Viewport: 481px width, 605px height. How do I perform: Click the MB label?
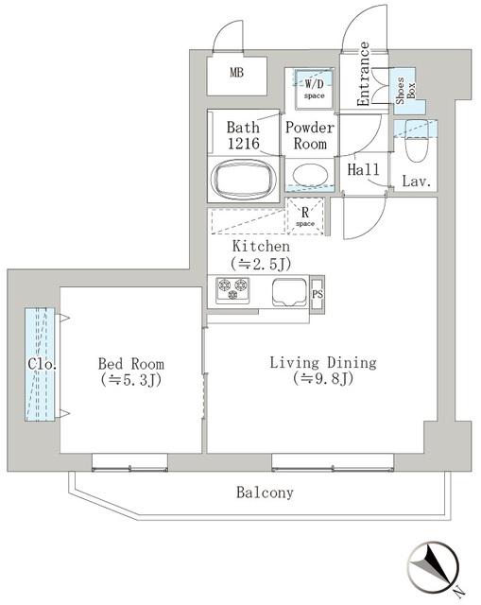point(237,72)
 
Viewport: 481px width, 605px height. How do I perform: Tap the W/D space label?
point(314,88)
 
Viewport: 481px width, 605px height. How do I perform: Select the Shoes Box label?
point(405,91)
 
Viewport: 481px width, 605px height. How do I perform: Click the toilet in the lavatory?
point(417,139)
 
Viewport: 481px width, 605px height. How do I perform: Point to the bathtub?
point(244,180)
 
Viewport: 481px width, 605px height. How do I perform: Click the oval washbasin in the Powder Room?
point(310,176)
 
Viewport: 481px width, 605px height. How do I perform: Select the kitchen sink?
point(290,292)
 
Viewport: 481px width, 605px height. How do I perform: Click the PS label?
point(318,294)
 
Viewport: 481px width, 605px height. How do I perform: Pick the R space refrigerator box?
point(305,216)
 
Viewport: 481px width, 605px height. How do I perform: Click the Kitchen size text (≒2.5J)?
point(261,264)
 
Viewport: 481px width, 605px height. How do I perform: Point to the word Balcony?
point(265,493)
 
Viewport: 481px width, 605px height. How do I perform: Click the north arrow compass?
point(435,568)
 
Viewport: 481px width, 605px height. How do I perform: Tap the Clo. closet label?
point(43,364)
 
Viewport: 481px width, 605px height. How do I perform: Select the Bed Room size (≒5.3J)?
point(131,380)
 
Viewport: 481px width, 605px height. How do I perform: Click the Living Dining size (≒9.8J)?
point(323,378)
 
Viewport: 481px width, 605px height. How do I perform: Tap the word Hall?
point(364,169)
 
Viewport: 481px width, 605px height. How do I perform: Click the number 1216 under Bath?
point(244,144)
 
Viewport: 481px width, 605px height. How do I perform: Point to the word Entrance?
point(363,74)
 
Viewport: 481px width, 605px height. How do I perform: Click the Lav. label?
point(417,181)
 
